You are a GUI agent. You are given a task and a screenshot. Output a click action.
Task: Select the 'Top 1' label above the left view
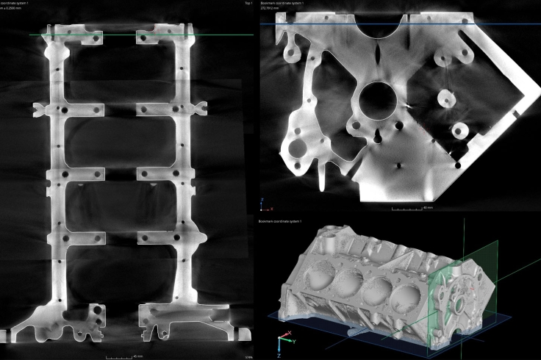(x=248, y=3)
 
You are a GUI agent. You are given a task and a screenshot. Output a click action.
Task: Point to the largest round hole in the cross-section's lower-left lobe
(x=298, y=148)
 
